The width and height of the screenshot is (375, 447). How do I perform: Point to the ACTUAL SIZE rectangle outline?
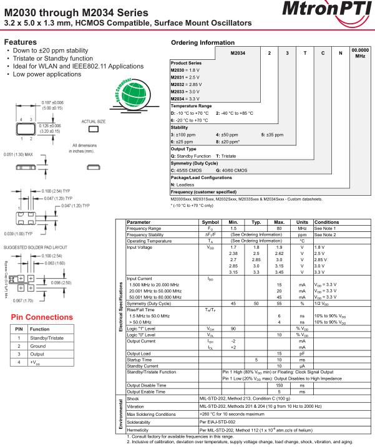pos(95,129)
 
